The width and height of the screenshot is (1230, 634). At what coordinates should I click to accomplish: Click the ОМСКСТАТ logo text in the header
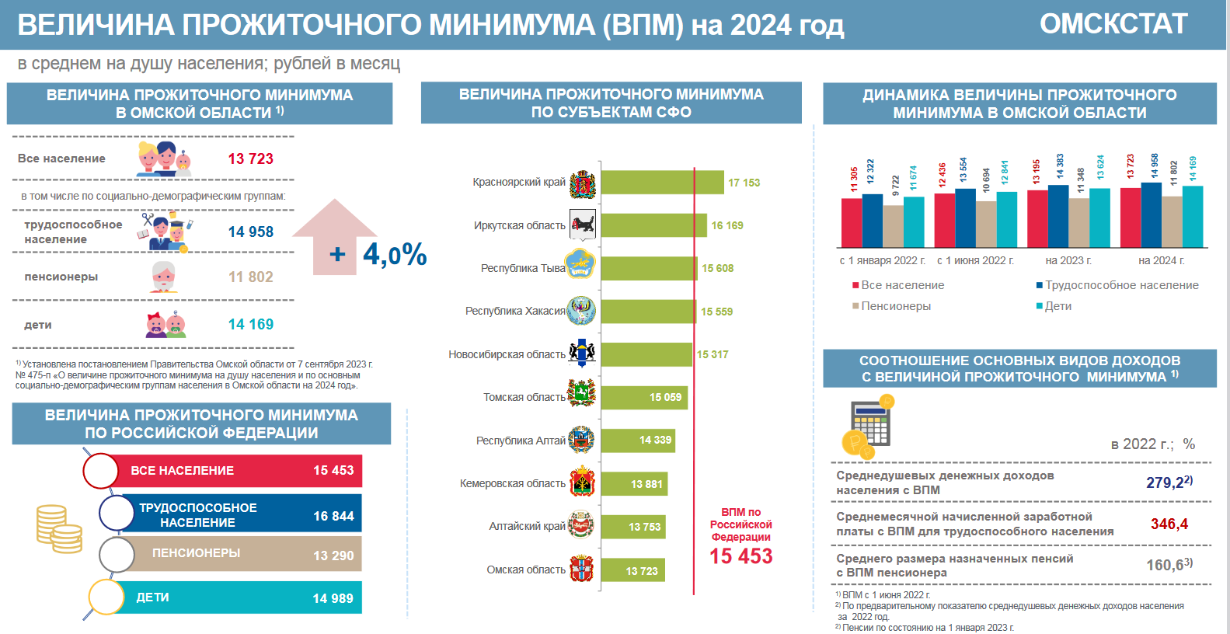[1113, 24]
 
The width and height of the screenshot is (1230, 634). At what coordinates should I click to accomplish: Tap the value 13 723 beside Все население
[250, 158]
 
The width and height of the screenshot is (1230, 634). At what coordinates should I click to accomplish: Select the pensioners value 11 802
[250, 277]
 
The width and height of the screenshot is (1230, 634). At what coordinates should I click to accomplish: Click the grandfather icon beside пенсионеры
[163, 277]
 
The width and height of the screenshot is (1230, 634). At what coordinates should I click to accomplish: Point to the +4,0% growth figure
[378, 254]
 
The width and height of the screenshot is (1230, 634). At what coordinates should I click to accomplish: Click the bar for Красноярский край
[662, 183]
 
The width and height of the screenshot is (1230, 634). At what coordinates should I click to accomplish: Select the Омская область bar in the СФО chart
[632, 570]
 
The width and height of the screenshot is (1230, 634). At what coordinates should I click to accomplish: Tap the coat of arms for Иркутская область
[582, 225]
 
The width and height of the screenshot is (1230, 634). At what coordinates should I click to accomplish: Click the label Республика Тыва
[522, 268]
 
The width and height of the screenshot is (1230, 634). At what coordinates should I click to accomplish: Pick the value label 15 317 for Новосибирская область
[712, 354]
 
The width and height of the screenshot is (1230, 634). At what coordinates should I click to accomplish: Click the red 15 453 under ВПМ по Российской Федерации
[740, 556]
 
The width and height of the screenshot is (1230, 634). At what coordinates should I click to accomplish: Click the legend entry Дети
[1057, 306]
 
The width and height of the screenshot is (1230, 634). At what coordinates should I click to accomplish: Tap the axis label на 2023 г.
[1068, 260]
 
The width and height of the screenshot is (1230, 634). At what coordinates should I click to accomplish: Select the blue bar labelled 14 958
[1151, 215]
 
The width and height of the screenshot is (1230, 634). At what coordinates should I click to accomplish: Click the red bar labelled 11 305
[852, 223]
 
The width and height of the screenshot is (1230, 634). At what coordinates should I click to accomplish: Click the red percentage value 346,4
[1169, 524]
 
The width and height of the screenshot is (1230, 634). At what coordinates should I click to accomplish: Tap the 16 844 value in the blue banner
[333, 516]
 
